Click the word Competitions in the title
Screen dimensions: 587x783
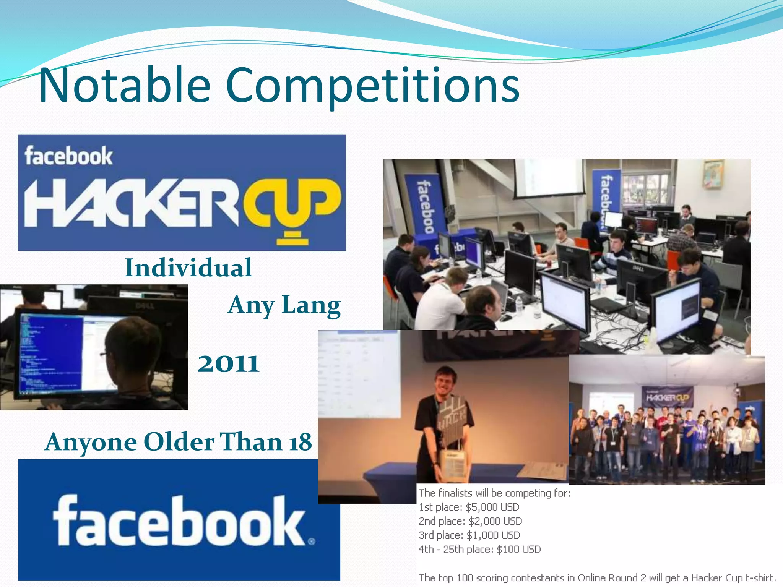click(372, 86)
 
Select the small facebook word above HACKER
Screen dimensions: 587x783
click(69, 156)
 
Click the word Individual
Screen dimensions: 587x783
click(188, 268)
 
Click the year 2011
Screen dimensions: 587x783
click(228, 363)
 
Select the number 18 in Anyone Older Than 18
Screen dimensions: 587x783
click(301, 442)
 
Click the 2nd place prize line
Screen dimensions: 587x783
click(470, 521)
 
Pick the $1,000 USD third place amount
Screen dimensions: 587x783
click(493, 535)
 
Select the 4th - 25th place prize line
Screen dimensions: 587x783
click(479, 550)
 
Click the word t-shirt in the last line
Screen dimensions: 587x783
click(759, 577)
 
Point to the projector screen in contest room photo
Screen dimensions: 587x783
click(548, 178)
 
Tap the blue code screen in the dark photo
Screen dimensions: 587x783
click(51, 352)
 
